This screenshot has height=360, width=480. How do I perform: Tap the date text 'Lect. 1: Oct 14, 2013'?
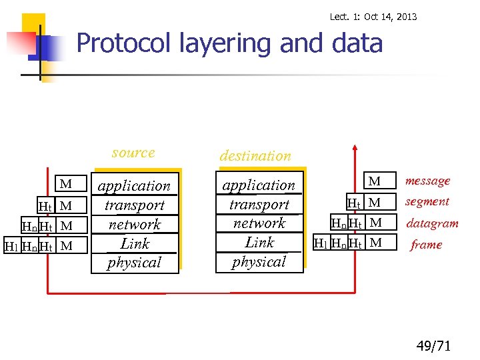[373, 17]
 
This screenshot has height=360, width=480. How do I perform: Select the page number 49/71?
[433, 345]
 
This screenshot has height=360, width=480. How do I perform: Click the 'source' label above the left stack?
[133, 153]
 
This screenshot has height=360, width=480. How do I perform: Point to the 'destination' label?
[255, 156]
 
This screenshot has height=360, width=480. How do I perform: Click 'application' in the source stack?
[135, 186]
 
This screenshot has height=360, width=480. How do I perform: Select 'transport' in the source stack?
[135, 205]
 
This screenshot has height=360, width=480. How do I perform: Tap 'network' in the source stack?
[135, 225]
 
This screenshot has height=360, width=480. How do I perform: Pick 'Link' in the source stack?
[135, 243]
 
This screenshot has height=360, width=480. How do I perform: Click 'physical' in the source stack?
[135, 263]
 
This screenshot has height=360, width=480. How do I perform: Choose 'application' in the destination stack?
[259, 185]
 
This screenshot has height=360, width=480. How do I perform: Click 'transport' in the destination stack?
[259, 205]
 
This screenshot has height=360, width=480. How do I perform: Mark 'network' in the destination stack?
[259, 223]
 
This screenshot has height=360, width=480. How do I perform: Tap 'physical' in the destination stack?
[259, 262]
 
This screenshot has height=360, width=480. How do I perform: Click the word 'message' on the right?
[427, 181]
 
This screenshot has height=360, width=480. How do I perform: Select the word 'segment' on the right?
[427, 201]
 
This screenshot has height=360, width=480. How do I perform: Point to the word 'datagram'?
[432, 223]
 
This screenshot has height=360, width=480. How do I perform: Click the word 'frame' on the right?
[426, 245]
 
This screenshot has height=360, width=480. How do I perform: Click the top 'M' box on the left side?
[65, 184]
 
